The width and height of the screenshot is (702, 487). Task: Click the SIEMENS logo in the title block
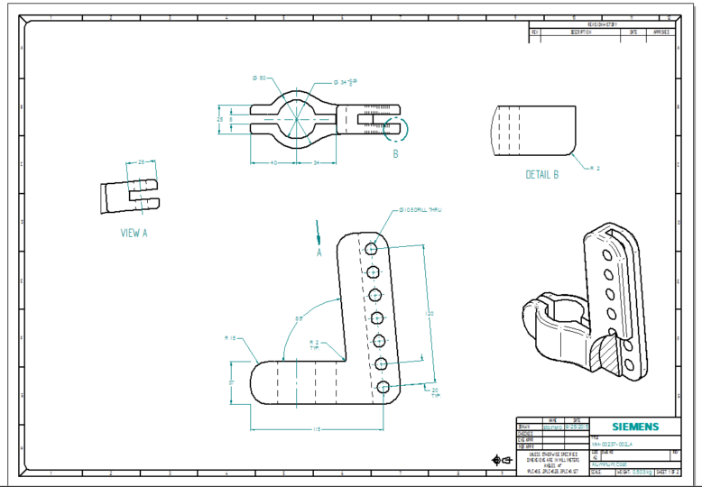[x=635, y=427]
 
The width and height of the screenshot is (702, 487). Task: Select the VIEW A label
[x=134, y=233]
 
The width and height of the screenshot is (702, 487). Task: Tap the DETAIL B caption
[x=542, y=174]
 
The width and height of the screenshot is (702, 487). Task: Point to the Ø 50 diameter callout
[x=259, y=78]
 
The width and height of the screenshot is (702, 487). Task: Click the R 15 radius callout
[x=229, y=338]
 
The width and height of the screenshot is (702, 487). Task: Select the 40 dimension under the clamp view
[x=273, y=163]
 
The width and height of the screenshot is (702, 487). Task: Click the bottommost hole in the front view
[x=384, y=387]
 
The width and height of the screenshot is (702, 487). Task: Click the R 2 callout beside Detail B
[x=594, y=168]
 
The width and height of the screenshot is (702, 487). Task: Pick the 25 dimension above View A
[x=141, y=161]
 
